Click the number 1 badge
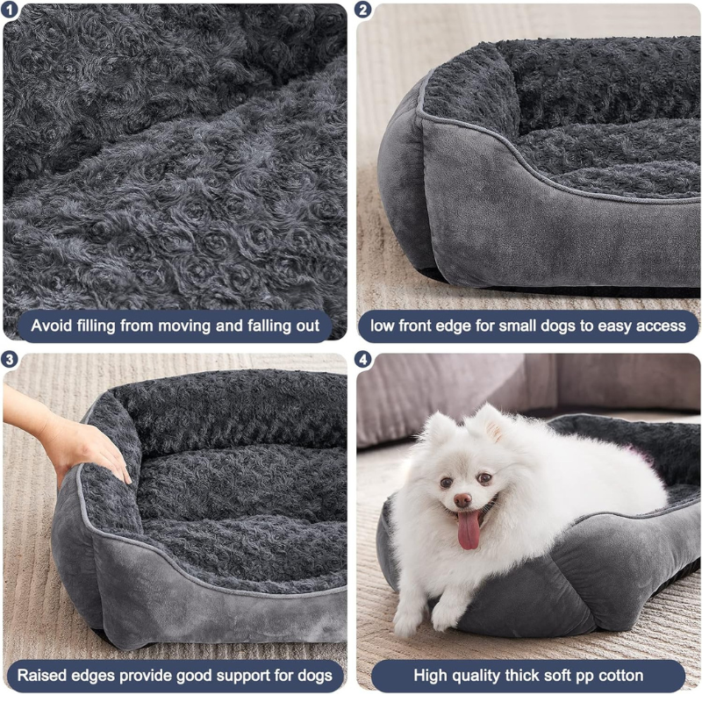(9, 10)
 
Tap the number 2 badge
(363, 10)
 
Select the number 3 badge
(9, 360)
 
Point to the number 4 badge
(363, 360)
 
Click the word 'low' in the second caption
(382, 326)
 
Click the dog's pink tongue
(469, 530)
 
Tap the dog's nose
(462, 499)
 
